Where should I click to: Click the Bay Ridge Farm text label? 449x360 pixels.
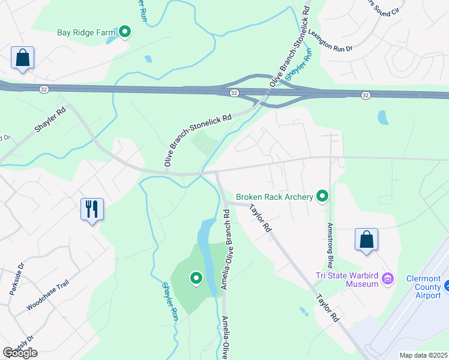click(x=85, y=32)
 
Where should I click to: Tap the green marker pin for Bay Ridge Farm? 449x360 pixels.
click(x=125, y=32)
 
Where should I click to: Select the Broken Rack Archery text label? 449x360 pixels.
click(x=274, y=197)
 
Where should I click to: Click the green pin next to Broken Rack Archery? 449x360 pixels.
click(x=323, y=196)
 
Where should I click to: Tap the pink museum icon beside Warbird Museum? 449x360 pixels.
click(x=388, y=279)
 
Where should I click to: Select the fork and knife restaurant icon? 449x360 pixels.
click(x=92, y=209)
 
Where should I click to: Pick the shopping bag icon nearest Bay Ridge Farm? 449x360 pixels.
click(x=22, y=58)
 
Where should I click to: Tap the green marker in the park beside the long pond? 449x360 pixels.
click(x=196, y=278)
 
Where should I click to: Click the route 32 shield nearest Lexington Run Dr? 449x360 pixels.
click(x=365, y=95)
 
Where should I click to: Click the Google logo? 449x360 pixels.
click(x=20, y=353)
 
